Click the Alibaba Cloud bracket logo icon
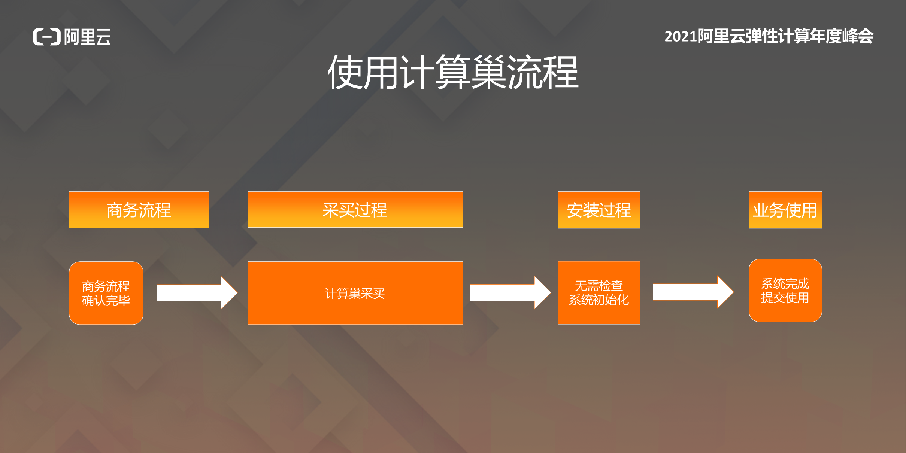[47, 37]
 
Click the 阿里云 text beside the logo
[88, 37]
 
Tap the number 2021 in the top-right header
[681, 37]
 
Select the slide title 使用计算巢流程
[453, 72]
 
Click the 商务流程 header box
[139, 210]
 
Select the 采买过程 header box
[355, 210]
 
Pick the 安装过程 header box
[599, 210]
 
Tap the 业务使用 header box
[785, 210]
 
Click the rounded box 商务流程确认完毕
[106, 293]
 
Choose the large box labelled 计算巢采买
[355, 293]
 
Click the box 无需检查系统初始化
[599, 293]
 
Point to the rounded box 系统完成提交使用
[785, 291]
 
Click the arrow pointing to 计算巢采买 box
[197, 293]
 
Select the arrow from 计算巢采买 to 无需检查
[510, 292]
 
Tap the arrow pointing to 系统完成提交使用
[693, 292]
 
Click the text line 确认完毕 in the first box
[106, 300]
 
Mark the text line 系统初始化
[599, 300]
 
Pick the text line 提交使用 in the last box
[785, 298]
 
